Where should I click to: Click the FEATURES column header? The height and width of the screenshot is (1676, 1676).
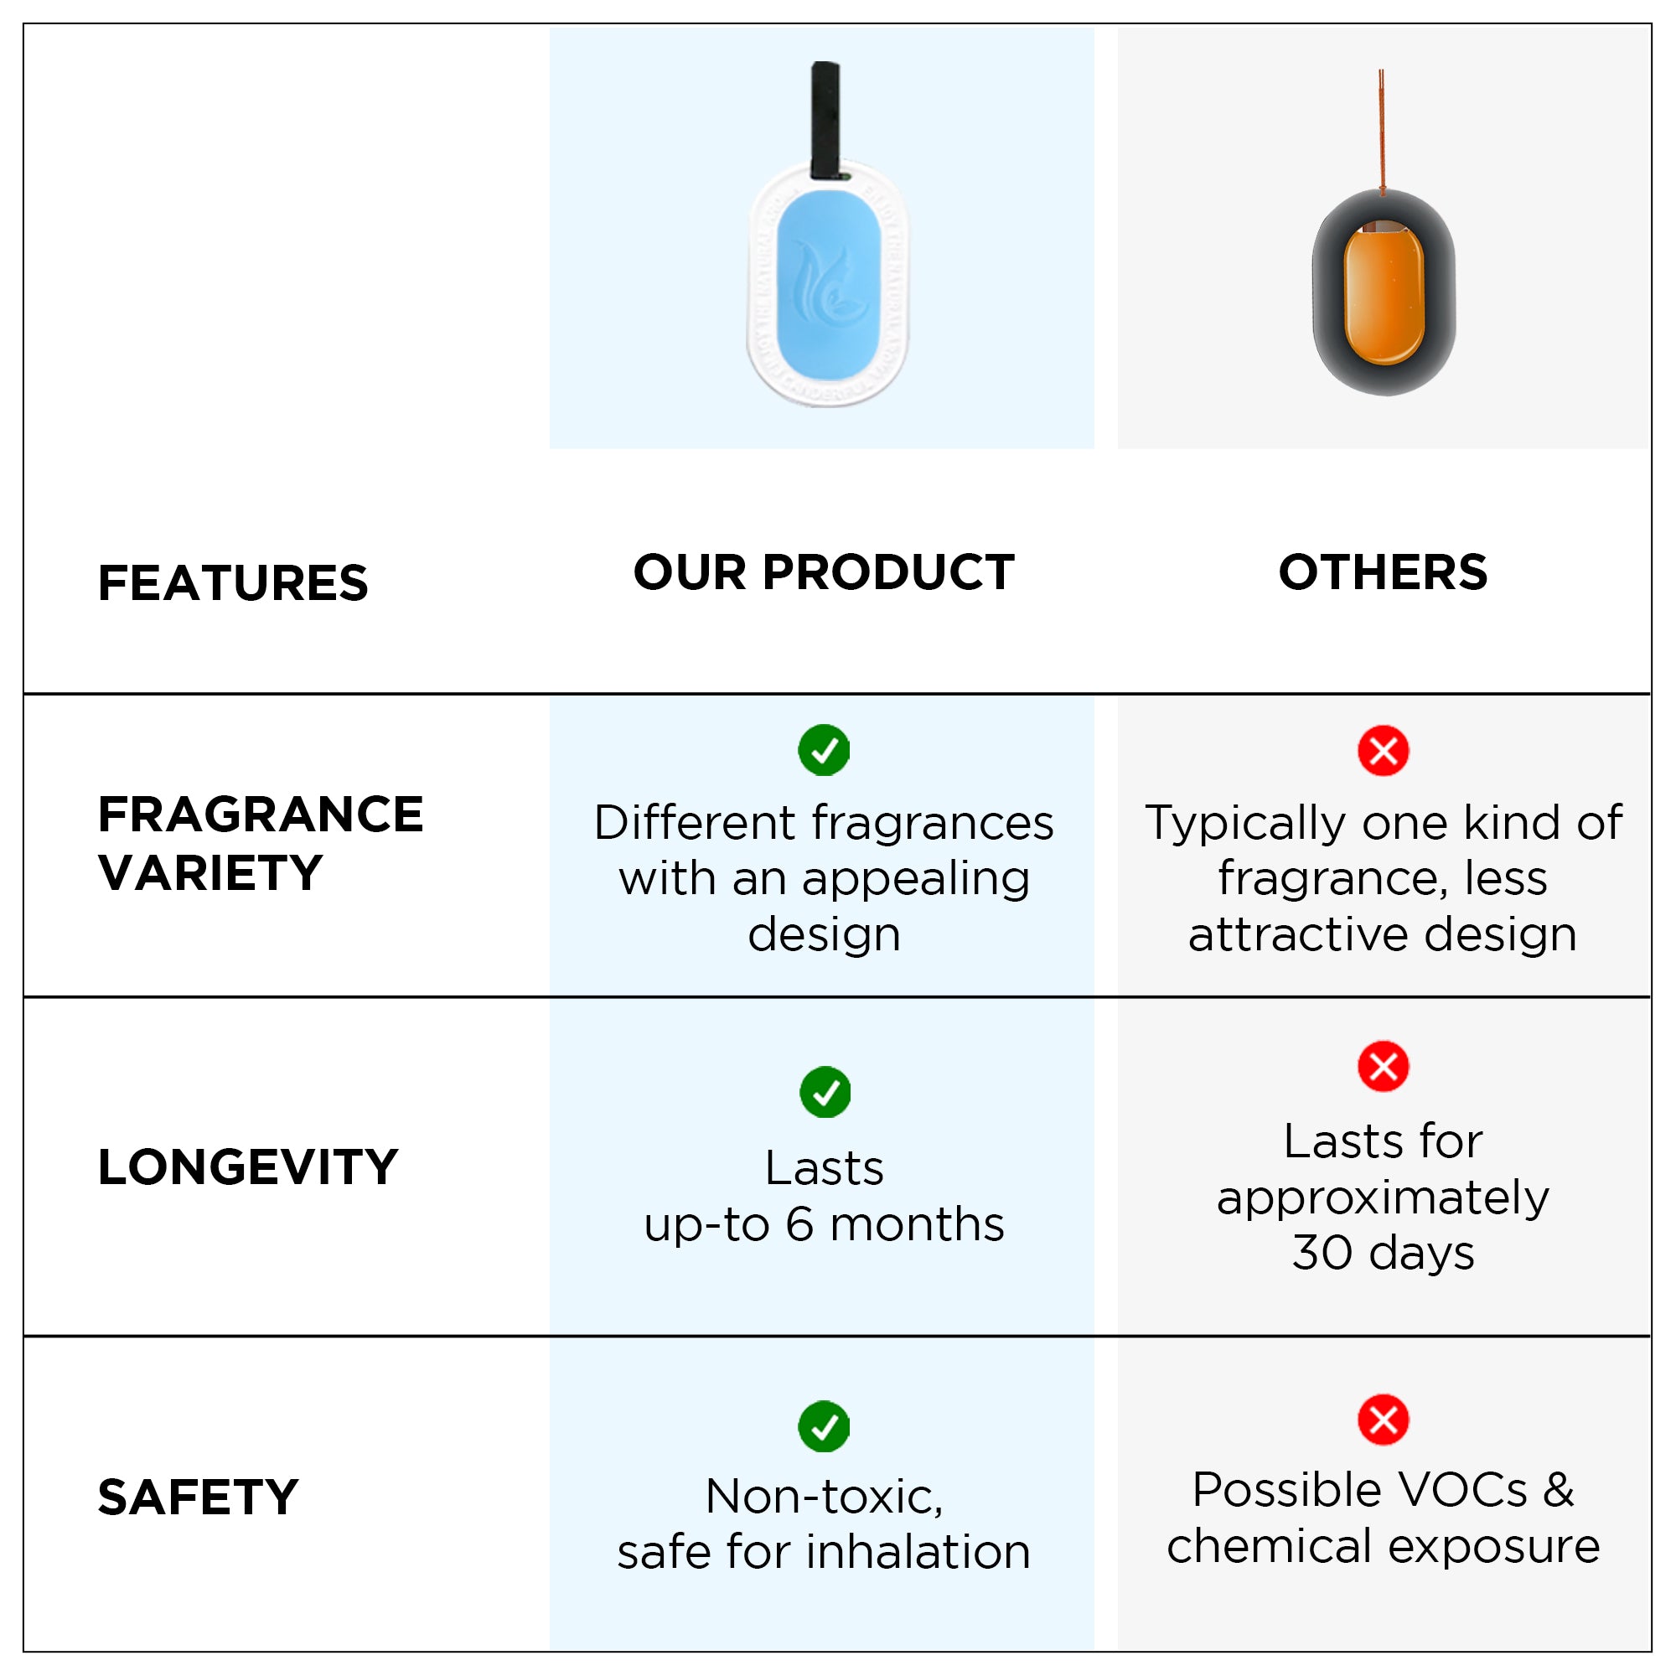coord(232,582)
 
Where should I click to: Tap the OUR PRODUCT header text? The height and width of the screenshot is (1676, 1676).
coord(823,572)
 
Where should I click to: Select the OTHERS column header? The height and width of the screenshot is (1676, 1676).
coord(1383,572)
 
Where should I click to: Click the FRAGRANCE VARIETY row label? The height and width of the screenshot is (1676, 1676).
coord(261,842)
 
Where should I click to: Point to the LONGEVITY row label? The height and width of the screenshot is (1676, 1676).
coord(248,1166)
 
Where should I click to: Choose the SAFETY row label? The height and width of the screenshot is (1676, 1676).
coord(198,1498)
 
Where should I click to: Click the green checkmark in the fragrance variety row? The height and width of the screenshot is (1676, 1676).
coord(823,749)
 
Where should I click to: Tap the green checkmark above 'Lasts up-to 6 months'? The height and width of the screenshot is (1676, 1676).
coord(825,1091)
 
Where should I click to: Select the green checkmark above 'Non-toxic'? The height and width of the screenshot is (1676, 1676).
coord(823,1425)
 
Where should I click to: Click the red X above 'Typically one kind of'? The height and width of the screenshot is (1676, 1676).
coord(1383,750)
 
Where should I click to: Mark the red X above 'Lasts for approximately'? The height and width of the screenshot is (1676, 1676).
coord(1383,1066)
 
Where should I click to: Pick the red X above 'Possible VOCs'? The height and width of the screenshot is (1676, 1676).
coord(1383,1420)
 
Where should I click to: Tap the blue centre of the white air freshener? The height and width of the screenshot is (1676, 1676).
coord(829,288)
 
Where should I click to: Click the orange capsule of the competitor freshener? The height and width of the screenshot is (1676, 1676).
coord(1384,292)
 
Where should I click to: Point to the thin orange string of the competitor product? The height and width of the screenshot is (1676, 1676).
coord(1381,130)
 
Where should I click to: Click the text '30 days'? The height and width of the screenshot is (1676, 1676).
coord(1383,1252)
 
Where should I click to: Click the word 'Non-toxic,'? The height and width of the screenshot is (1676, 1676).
coord(824,1497)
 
